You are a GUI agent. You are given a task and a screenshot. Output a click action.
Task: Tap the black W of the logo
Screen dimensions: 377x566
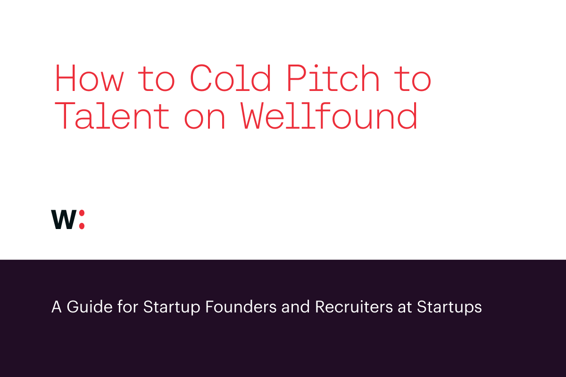(x=63, y=220)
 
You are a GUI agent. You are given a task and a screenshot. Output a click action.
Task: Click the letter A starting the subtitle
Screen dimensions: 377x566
(x=57, y=307)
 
